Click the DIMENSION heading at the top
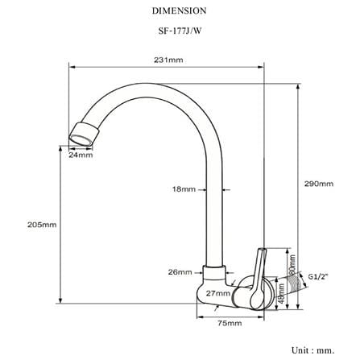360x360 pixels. [180, 10]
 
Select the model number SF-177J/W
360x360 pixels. [180, 31]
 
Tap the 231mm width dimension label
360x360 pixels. [168, 60]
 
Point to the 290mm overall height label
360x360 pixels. [319, 184]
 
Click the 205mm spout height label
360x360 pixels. [42, 225]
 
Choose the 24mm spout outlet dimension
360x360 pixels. [81, 155]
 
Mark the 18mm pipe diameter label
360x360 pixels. [184, 189]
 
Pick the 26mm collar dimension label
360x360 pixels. [180, 272]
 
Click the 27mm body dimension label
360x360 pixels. [218, 293]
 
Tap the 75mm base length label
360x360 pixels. [230, 323]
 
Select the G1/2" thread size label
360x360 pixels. [318, 276]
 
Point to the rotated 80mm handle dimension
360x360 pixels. [292, 265]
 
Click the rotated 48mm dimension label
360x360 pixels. [281, 293]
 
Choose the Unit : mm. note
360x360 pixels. [313, 350]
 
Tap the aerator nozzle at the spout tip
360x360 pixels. [84, 134]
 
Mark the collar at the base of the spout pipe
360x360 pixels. [214, 274]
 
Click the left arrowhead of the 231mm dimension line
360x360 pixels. [72, 67]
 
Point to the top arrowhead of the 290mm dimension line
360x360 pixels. [297, 86]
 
